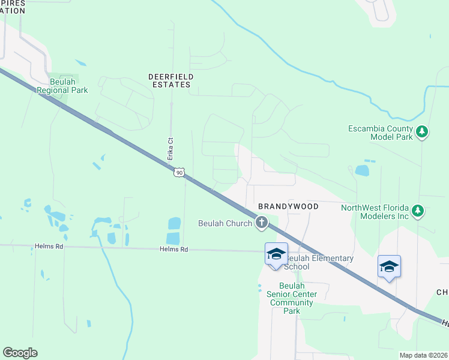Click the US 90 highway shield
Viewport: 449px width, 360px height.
[178, 173]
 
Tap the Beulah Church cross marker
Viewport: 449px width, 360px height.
[261, 223]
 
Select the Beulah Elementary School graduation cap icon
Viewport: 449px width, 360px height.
[276, 254]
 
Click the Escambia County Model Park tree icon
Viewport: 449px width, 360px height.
[422, 132]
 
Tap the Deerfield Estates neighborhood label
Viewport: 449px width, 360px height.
[170, 80]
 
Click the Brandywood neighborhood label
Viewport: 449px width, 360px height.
[288, 206]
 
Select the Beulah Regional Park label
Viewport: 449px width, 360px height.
[62, 86]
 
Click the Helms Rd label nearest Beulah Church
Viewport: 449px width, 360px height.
[174, 250]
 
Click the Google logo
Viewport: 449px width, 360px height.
[20, 353]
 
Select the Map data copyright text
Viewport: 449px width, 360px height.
[423, 355]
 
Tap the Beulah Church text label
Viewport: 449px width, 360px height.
[225, 223]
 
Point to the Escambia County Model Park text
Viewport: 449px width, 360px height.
[381, 133]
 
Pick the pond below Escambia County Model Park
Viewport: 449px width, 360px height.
[362, 170]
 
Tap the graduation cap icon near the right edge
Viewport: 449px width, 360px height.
[389, 267]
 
